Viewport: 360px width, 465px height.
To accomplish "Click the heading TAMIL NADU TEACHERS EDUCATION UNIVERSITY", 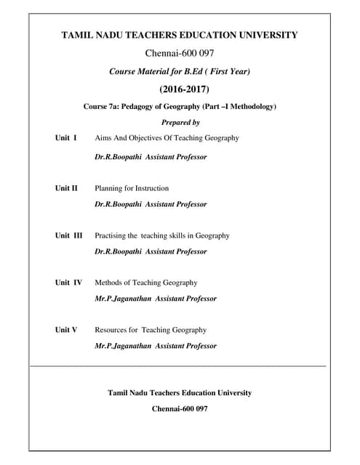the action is tap(180, 35).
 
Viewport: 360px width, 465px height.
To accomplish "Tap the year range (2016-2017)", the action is tap(180, 89).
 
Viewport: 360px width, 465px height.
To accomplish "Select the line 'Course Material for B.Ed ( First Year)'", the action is tap(180, 71).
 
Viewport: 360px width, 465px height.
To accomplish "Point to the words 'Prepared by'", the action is tap(180, 123).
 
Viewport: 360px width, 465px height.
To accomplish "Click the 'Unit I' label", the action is tap(66, 138).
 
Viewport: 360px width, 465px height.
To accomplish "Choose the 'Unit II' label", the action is tap(66, 188).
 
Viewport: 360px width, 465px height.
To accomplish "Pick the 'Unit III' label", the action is tap(69, 235).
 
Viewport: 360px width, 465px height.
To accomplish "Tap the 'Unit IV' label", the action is tap(68, 283).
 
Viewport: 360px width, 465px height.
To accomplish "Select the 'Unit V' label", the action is tap(66, 330).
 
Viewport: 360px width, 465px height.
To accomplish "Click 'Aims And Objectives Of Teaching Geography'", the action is tap(167, 138).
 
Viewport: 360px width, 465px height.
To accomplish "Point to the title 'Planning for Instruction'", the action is tap(132, 188).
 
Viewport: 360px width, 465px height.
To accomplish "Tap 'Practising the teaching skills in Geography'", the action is tap(161, 235).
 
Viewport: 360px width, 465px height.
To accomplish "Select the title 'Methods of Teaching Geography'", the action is tap(145, 283).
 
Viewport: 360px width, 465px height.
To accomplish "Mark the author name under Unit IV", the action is tap(155, 299).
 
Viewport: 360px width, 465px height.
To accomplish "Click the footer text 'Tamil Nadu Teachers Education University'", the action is tap(180, 393).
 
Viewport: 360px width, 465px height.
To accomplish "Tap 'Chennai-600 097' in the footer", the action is tap(180, 409).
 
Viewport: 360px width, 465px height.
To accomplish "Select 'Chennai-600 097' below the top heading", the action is tap(180, 53).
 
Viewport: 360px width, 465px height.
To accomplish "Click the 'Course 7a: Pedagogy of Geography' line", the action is tap(180, 107).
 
